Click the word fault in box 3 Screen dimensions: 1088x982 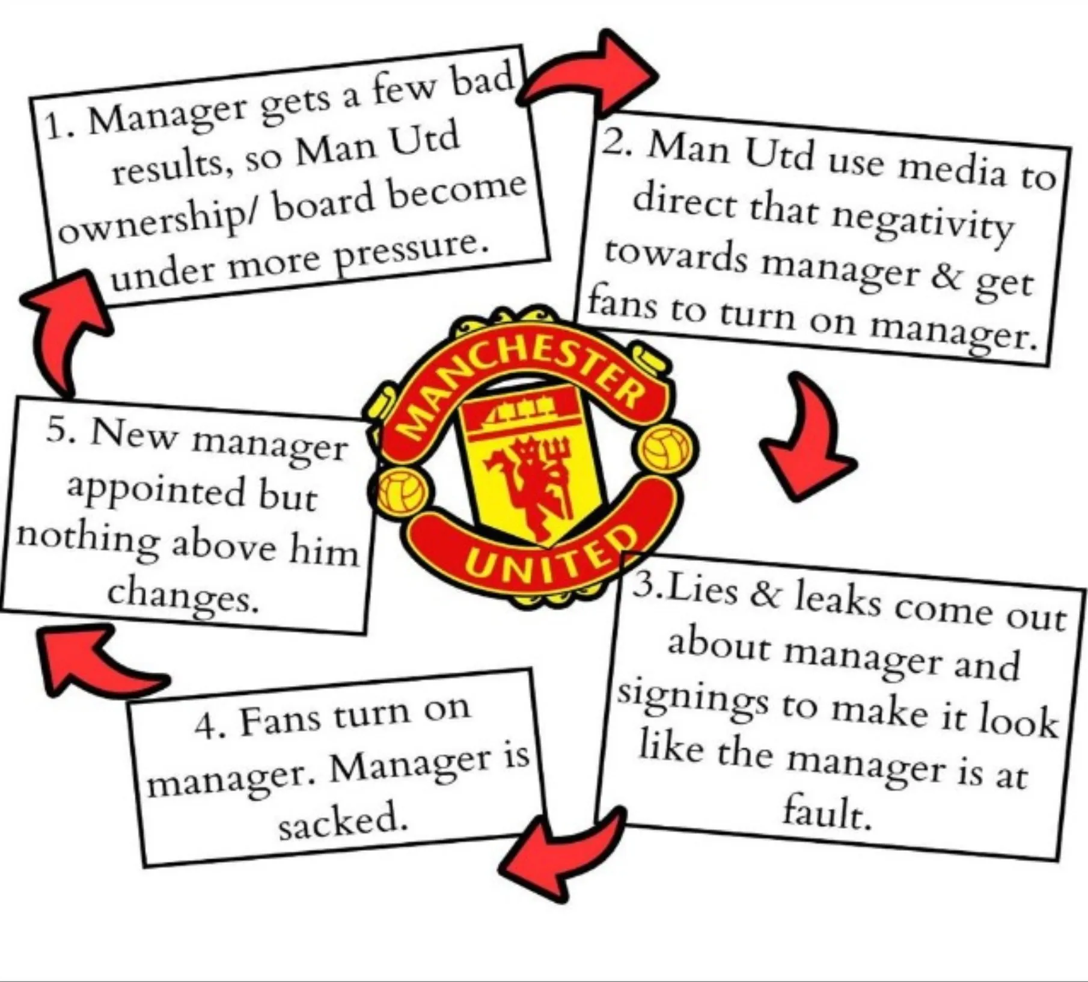[827, 812]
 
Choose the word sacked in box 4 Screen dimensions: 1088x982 [343, 820]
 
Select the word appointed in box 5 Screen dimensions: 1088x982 [156, 490]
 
